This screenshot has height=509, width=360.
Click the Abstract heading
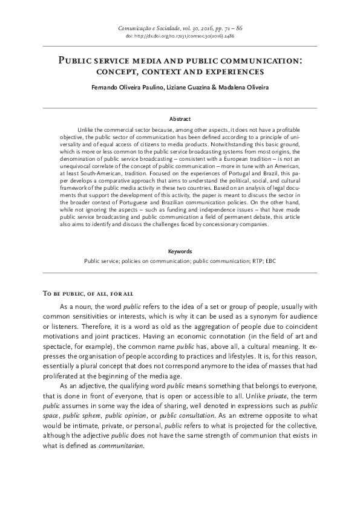[x=180, y=120]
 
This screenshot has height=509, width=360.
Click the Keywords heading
[x=180, y=251]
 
